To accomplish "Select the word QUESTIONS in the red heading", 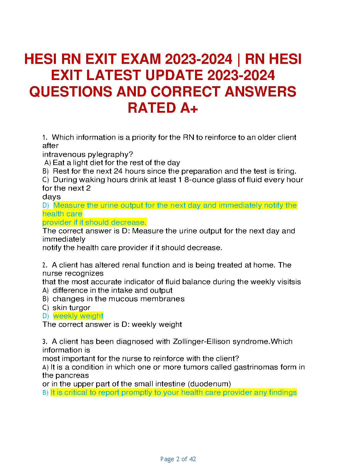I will tap(71, 92).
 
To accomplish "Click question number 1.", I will tap(44, 137).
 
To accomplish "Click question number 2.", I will tap(44, 265).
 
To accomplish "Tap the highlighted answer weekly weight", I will tap(78, 316).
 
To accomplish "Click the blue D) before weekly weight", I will tap(46, 316).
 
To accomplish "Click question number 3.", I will tap(44, 342).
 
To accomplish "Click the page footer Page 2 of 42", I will tap(178, 459).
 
